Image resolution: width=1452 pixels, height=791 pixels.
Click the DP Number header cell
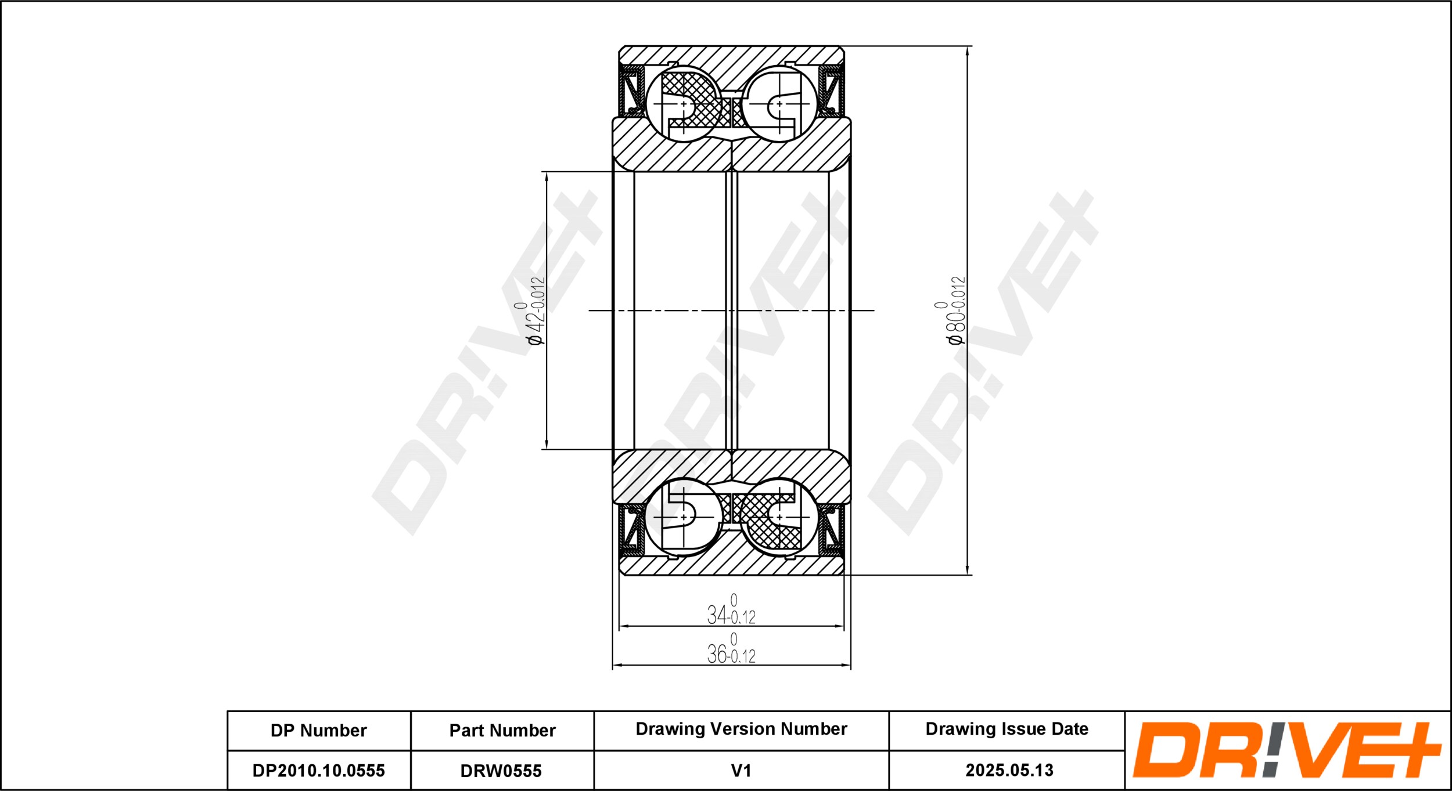tap(318, 730)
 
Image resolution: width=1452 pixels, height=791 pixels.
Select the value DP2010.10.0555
tap(318, 771)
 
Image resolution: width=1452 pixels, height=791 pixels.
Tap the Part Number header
tap(502, 730)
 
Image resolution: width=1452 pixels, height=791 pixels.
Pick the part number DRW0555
tap(501, 771)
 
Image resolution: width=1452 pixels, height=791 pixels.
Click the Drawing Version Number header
tap(741, 729)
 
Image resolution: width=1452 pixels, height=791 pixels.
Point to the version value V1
tap(741, 771)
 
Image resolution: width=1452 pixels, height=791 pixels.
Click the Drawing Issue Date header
tap(1007, 729)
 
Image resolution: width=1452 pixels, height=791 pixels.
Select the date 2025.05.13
tap(1009, 770)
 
